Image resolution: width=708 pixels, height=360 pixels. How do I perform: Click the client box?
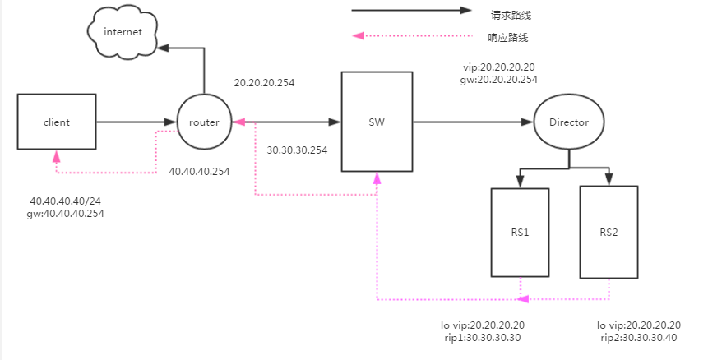click(x=57, y=122)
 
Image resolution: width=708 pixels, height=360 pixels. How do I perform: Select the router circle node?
click(x=203, y=122)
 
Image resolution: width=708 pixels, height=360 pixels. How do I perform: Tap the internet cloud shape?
click(x=123, y=32)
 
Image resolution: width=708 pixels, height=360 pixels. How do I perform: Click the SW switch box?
click(x=377, y=122)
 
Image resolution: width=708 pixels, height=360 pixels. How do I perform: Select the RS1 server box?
click(x=519, y=232)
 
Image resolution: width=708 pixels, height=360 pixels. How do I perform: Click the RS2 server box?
click(x=609, y=232)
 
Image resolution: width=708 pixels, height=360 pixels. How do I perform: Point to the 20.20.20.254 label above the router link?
click(x=264, y=83)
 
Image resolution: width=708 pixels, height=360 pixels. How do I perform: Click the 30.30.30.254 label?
click(x=297, y=150)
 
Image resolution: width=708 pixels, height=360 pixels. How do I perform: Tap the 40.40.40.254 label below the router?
click(x=199, y=172)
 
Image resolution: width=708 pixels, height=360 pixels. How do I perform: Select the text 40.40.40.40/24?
click(x=64, y=201)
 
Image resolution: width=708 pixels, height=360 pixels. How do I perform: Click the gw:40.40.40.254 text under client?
click(x=66, y=214)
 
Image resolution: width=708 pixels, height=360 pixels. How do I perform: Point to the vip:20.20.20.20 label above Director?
click(x=499, y=67)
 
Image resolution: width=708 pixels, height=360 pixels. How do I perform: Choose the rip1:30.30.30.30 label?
click(x=482, y=337)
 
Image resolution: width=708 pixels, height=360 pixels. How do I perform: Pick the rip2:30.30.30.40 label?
click(x=638, y=337)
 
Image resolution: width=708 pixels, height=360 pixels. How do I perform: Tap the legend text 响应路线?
click(x=507, y=37)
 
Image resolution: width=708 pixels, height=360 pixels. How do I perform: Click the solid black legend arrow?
click(x=411, y=12)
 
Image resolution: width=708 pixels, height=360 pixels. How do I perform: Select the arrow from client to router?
click(x=137, y=122)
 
